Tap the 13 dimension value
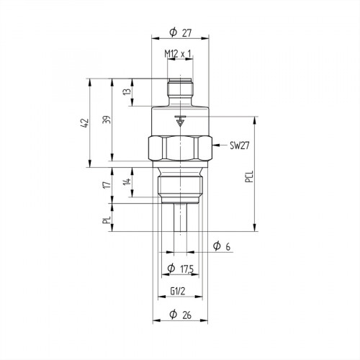coord(126,92)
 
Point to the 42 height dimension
coord(85,122)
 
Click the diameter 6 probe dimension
coord(222,247)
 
